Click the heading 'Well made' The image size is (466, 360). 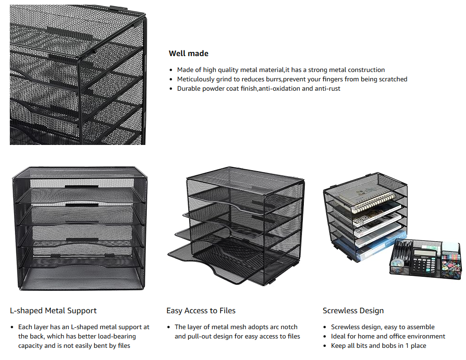click(188, 53)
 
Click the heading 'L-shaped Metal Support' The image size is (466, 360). click(53, 310)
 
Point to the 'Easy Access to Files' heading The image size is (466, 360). click(201, 310)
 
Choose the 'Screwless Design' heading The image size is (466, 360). click(353, 310)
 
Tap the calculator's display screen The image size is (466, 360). click(424, 252)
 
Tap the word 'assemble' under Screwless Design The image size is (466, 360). click(421, 327)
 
